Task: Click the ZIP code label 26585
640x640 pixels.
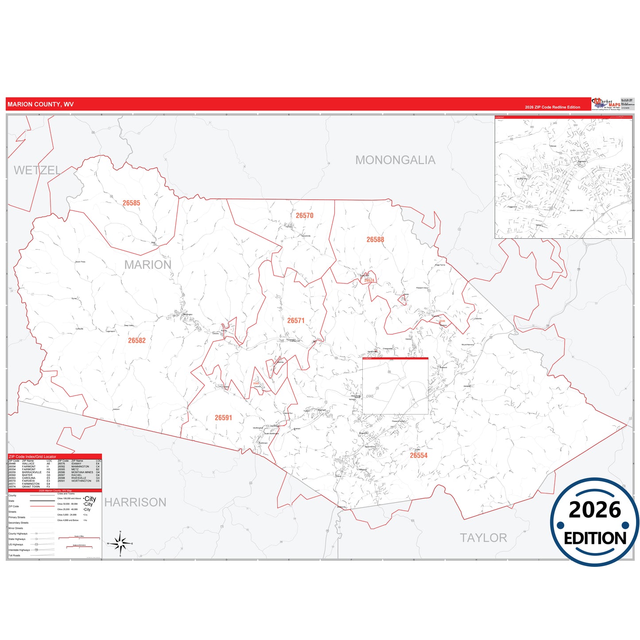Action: pyautogui.click(x=131, y=203)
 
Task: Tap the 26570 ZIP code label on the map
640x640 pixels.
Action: pyautogui.click(x=304, y=215)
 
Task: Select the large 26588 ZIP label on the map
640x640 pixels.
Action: pyautogui.click(x=375, y=240)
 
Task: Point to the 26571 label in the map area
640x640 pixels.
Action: pyautogui.click(x=296, y=320)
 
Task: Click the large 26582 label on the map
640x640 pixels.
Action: pyautogui.click(x=137, y=340)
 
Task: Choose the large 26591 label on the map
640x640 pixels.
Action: pyautogui.click(x=223, y=418)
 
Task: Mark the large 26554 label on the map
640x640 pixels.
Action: pyautogui.click(x=419, y=455)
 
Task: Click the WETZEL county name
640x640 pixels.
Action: pyautogui.click(x=37, y=170)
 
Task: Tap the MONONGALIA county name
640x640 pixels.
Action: pyautogui.click(x=395, y=160)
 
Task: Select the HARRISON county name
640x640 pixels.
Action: pyautogui.click(x=135, y=502)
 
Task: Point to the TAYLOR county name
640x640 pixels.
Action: pyautogui.click(x=483, y=538)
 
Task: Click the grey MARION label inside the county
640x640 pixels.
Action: pyautogui.click(x=147, y=265)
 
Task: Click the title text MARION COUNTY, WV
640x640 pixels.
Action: pyautogui.click(x=40, y=105)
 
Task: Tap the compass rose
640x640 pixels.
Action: pyautogui.click(x=120, y=543)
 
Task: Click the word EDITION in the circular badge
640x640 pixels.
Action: pyautogui.click(x=595, y=538)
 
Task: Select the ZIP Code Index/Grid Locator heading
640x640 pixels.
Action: pyautogui.click(x=32, y=457)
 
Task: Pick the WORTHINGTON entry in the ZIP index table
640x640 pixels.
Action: pyautogui.click(x=81, y=481)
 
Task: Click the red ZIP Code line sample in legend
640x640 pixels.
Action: pyautogui.click(x=42, y=506)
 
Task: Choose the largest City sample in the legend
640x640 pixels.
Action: pyautogui.click(x=90, y=499)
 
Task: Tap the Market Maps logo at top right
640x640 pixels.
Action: pyautogui.click(x=607, y=104)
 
